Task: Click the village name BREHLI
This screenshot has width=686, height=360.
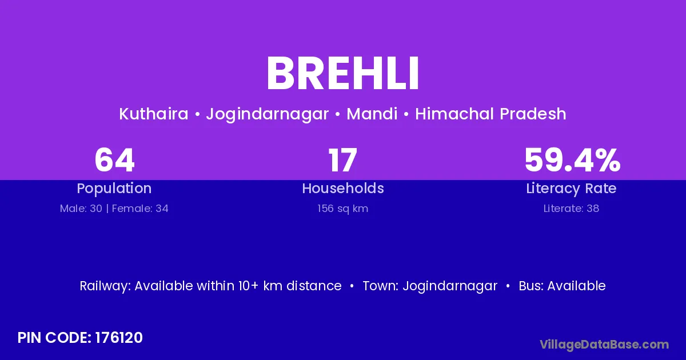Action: [342, 73]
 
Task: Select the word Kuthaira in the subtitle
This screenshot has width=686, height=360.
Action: [154, 114]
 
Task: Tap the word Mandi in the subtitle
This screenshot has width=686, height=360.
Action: [372, 114]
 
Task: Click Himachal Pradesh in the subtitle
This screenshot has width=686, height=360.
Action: [490, 114]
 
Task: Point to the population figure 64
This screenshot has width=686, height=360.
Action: [114, 160]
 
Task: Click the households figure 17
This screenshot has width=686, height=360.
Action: [342, 160]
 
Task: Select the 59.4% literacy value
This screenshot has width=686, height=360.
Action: [572, 160]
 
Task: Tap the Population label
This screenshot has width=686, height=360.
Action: [114, 189]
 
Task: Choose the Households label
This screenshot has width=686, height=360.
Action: [343, 188]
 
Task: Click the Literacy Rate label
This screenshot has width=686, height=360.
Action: [571, 189]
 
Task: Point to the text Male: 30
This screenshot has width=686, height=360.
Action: [81, 209]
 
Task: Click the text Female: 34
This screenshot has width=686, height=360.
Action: [140, 209]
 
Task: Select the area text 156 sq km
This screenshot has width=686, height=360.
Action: [342, 209]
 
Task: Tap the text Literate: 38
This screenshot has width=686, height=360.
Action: [571, 209]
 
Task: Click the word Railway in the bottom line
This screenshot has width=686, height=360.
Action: [105, 286]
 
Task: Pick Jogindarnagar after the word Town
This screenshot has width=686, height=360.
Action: [450, 286]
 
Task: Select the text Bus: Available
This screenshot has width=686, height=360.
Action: [562, 286]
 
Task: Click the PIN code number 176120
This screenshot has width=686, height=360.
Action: [119, 338]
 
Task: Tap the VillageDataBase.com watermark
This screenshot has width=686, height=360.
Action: [604, 345]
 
